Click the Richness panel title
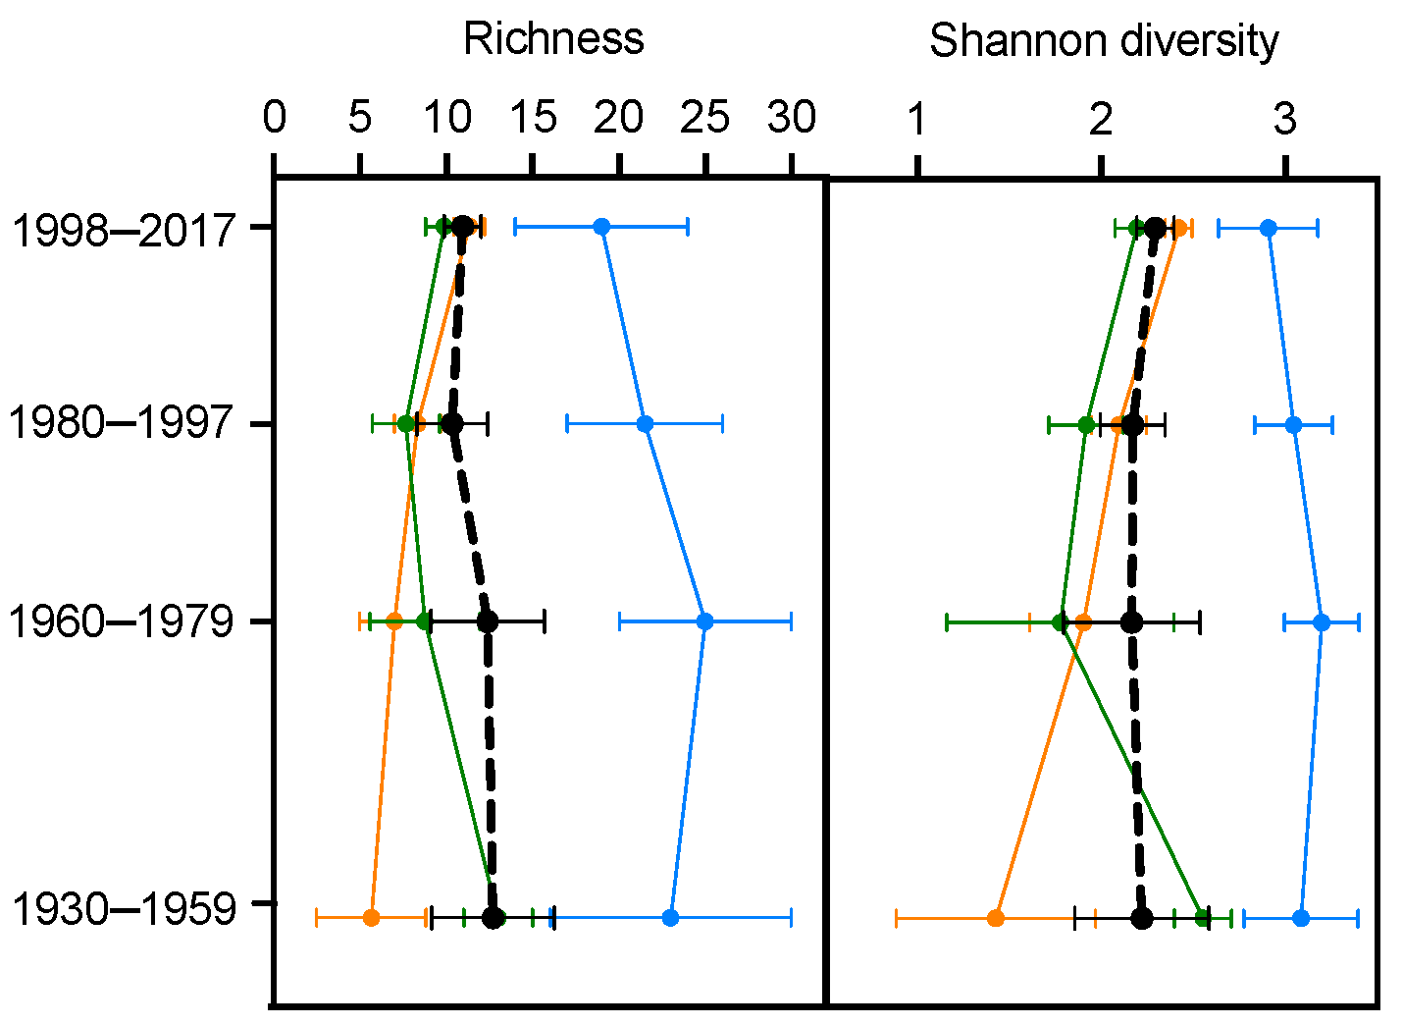tap(553, 39)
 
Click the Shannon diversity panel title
tap(1104, 41)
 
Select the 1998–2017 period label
tap(124, 230)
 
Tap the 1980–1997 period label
tap(124, 424)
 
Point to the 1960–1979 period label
tap(124, 621)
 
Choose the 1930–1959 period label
tap(124, 909)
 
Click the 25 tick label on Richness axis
tap(704, 119)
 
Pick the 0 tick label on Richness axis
tap(274, 119)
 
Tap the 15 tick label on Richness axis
tap(532, 119)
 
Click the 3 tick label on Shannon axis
tap(1284, 119)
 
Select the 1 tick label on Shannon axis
tap(917, 119)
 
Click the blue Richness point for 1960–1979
tap(704, 621)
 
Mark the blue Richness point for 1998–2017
tap(601, 227)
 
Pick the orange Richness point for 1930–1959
tap(371, 918)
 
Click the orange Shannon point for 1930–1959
tap(996, 918)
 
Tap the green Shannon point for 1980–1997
tap(1086, 424)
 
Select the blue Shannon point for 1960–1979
tap(1322, 621)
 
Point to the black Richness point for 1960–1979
tap(488, 621)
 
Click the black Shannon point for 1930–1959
tap(1141, 918)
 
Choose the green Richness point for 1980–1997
tap(406, 424)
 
